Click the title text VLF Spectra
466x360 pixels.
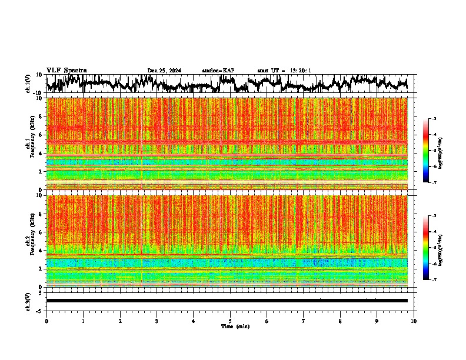point(66,70)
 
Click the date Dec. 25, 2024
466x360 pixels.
point(164,71)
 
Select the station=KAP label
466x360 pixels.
point(218,71)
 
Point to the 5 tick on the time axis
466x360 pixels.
point(230,321)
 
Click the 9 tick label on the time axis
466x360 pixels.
point(377,321)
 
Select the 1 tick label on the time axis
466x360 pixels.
point(83,321)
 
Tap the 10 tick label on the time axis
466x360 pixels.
point(414,321)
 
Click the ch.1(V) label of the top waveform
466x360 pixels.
point(28,84)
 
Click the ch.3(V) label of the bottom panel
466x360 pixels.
point(28,300)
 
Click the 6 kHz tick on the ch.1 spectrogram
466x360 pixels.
point(40,135)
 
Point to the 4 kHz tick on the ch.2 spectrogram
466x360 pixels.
point(40,250)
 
